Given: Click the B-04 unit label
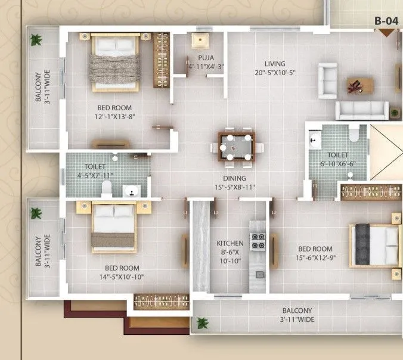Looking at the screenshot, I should pos(386,21).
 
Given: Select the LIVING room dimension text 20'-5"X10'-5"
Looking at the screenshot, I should pos(274,73).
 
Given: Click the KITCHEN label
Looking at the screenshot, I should pos(230,243).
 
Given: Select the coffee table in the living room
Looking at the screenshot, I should pos(359,85).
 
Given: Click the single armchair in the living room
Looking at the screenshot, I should pos(327,80).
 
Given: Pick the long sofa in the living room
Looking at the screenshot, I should pos(362,111).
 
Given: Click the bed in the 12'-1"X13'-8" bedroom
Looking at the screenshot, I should pos(116,63).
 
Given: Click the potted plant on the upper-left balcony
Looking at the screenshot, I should pos(36,41).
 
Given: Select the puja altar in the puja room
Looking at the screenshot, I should pos(199,41).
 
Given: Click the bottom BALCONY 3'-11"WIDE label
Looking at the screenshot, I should pos(297,315).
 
